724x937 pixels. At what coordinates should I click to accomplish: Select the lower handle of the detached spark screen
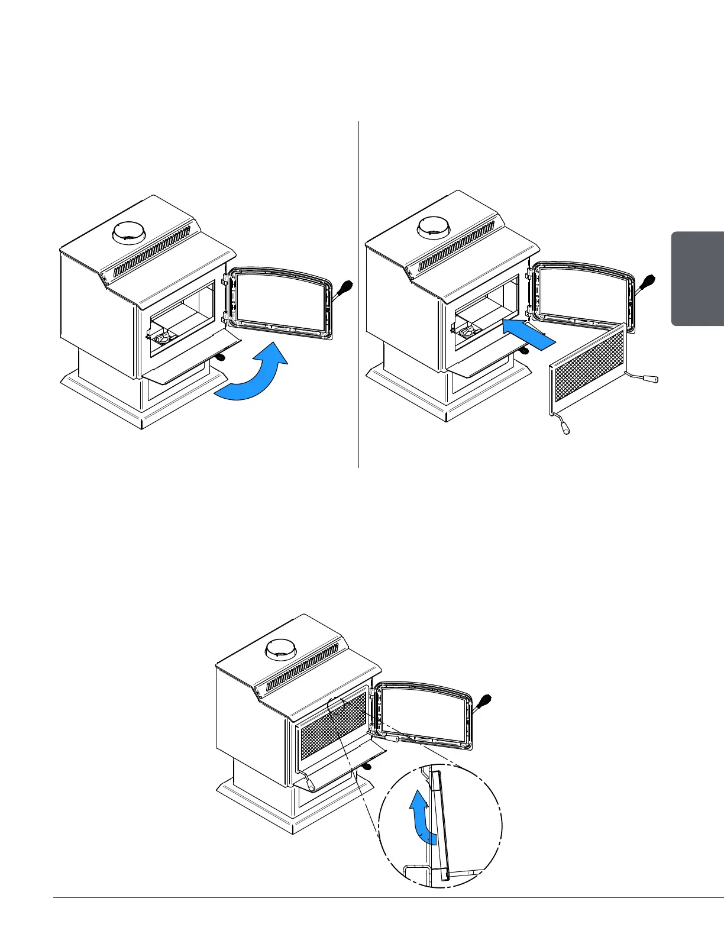point(564,427)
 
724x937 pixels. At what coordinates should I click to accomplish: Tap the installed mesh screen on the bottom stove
point(332,728)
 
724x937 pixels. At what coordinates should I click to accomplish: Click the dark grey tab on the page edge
point(697,278)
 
